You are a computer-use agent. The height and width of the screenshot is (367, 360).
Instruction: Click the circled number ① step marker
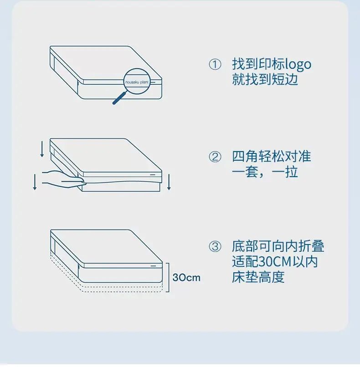tap(215, 65)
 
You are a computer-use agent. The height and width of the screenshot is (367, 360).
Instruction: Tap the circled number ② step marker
tap(215, 157)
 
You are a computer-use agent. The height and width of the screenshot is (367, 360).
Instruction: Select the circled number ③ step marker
tap(215, 246)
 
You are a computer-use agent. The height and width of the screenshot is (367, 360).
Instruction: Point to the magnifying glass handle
tap(119, 98)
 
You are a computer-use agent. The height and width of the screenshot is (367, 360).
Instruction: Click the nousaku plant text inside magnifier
tap(137, 82)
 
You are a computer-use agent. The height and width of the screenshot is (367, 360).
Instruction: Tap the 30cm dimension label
tap(186, 278)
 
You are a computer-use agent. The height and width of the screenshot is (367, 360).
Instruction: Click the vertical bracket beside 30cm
tap(168, 278)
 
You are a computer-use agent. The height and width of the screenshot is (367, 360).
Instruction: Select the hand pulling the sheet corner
tap(63, 179)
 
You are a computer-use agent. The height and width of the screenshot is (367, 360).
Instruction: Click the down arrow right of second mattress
tap(169, 182)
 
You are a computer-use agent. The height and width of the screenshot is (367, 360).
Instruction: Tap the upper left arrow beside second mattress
tap(42, 148)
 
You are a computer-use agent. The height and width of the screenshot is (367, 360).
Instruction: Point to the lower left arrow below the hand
tap(35, 182)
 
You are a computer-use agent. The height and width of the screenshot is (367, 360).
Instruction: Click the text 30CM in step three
tap(275, 262)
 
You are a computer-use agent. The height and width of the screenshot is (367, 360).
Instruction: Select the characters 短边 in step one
tap(284, 79)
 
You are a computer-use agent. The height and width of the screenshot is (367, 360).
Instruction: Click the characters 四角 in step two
tap(245, 157)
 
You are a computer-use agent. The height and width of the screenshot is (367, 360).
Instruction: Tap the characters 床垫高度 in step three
tap(258, 277)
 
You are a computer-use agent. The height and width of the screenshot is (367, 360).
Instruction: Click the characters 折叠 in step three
tap(311, 246)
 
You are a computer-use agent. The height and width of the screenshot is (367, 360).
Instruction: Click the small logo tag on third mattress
tap(153, 266)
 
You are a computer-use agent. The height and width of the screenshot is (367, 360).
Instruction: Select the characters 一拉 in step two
tap(284, 172)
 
